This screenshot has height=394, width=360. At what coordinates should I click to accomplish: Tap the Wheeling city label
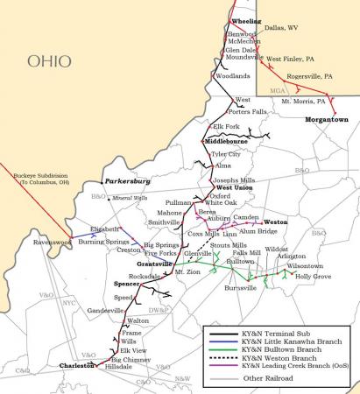pyautogui.click(x=244, y=21)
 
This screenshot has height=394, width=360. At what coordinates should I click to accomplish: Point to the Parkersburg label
pyautogui.click(x=128, y=181)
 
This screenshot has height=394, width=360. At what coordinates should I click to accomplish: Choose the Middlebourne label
pyautogui.click(x=227, y=141)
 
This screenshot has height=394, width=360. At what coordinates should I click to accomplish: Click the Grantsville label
pyautogui.click(x=154, y=264)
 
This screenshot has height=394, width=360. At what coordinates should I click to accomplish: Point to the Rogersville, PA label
pyautogui.click(x=310, y=77)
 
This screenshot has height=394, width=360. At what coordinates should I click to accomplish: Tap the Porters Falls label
pyautogui.click(x=247, y=111)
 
